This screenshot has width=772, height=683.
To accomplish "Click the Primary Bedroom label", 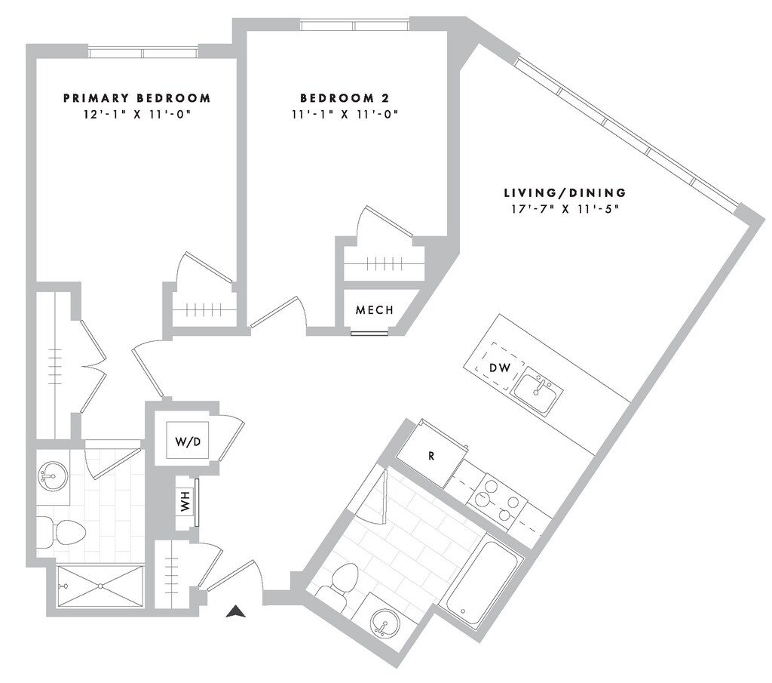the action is [136, 98].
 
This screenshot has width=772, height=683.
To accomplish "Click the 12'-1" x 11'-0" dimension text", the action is [136, 115].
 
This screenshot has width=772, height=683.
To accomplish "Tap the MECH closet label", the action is [374, 310].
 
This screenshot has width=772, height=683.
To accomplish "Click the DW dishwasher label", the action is [501, 368].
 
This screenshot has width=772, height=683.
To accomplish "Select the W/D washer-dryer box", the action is [188, 441].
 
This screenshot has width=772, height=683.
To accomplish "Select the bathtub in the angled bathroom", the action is [481, 582].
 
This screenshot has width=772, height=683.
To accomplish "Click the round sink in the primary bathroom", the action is [52, 476].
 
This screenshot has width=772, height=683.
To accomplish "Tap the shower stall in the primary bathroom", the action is [100, 586].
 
